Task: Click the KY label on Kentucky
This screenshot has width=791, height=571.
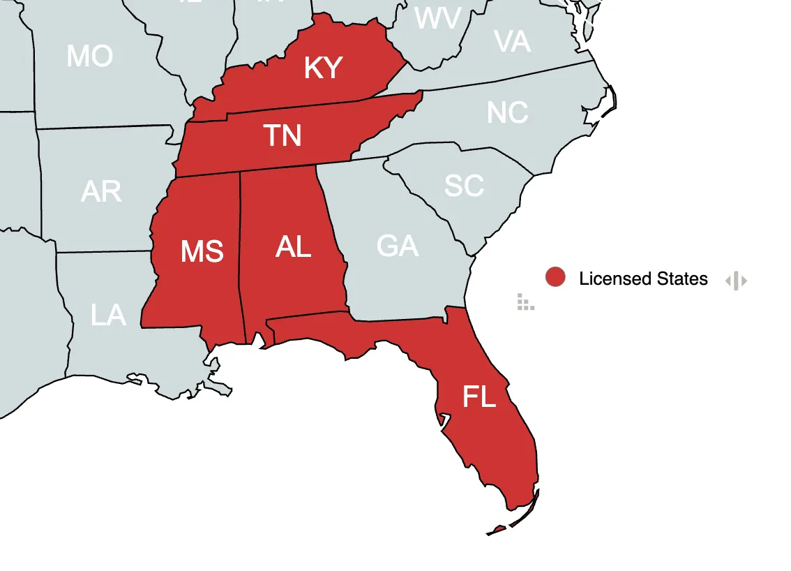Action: pyautogui.click(x=323, y=68)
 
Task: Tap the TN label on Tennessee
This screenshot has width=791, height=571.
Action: pyautogui.click(x=282, y=135)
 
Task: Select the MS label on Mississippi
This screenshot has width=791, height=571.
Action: pyautogui.click(x=202, y=251)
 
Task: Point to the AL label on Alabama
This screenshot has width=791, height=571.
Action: pyautogui.click(x=293, y=246)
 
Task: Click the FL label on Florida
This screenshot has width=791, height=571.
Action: pyautogui.click(x=479, y=397)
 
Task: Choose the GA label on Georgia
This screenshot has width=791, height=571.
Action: pyautogui.click(x=398, y=246)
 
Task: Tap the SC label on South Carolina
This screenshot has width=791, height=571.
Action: pyautogui.click(x=464, y=186)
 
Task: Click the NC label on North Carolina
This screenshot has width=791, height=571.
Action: pyautogui.click(x=507, y=113)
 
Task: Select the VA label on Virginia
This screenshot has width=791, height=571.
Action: pyautogui.click(x=512, y=42)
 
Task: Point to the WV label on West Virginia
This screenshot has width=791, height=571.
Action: pyautogui.click(x=437, y=19)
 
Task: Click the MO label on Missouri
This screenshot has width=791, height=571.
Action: pyautogui.click(x=89, y=56)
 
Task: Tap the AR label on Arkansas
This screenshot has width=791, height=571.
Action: pyautogui.click(x=101, y=191)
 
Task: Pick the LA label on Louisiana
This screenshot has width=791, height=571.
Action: pyautogui.click(x=108, y=316)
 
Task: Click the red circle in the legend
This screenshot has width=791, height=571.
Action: pyautogui.click(x=555, y=277)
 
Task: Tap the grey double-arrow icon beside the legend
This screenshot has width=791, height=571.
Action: pyautogui.click(x=736, y=281)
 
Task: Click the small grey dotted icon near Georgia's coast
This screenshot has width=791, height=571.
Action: pyautogui.click(x=526, y=302)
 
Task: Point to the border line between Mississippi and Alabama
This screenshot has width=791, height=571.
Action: pyautogui.click(x=241, y=258)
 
